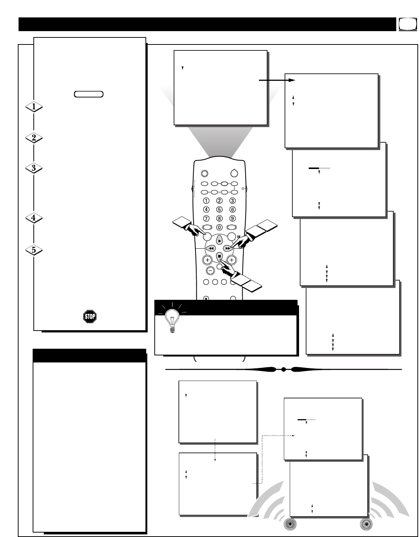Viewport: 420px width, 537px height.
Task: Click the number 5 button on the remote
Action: (219, 209)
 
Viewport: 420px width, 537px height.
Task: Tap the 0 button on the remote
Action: (219, 227)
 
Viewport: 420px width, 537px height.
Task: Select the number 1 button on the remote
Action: (206, 200)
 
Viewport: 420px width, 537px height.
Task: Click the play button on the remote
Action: (219, 241)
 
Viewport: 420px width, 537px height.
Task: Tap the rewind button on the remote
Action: (211, 248)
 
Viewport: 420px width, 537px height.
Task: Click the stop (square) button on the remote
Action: (219, 256)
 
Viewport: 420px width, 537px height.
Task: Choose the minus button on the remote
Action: (210, 271)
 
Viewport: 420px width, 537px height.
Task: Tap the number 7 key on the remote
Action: (206, 218)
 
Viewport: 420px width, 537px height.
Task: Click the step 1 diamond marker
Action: (34, 107)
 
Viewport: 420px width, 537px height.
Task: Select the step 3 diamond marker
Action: (34, 168)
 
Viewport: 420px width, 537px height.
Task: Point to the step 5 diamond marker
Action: (34, 250)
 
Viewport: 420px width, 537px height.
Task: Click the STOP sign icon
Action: (90, 316)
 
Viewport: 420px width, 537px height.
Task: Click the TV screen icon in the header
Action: (408, 24)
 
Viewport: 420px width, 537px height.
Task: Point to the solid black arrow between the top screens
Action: (277, 80)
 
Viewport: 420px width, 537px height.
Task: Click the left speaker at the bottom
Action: (290, 524)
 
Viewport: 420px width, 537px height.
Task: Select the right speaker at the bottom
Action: (366, 524)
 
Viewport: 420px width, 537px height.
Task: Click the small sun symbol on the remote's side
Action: (243, 189)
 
